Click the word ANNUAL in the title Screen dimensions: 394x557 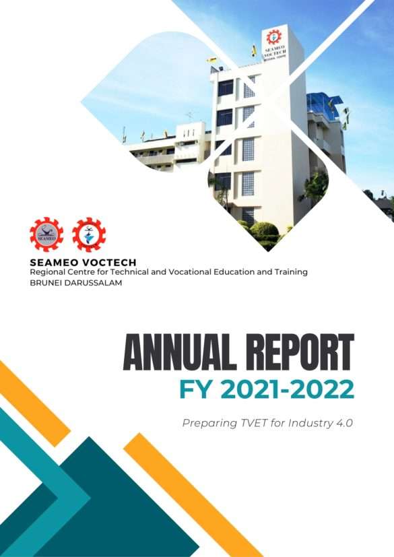179,352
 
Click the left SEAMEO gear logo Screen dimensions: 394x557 46,234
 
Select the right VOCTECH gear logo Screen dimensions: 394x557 89,234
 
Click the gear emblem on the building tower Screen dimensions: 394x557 273,37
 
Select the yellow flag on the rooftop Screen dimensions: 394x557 254,50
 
